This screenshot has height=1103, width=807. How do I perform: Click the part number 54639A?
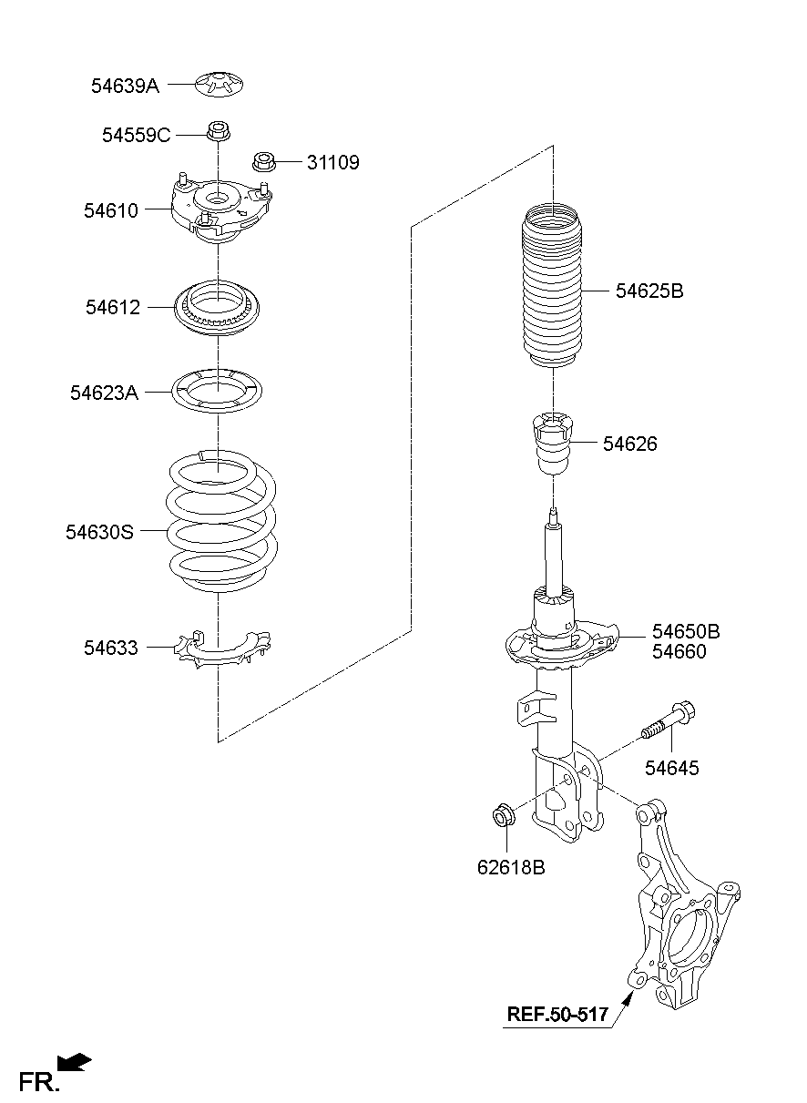125,87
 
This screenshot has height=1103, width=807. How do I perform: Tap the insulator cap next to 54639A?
220,84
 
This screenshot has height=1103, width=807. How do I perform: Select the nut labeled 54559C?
218,130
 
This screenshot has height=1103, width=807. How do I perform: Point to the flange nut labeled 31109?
264,161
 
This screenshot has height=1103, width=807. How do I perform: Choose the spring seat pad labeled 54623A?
217,392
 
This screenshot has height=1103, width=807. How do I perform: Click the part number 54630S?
99,532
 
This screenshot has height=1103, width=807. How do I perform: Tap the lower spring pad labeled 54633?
222,649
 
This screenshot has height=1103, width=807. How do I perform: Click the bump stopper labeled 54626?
553,444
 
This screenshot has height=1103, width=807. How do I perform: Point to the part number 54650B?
686,631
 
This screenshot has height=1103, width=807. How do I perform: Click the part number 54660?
679,651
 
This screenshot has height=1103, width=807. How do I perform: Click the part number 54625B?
649,291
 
